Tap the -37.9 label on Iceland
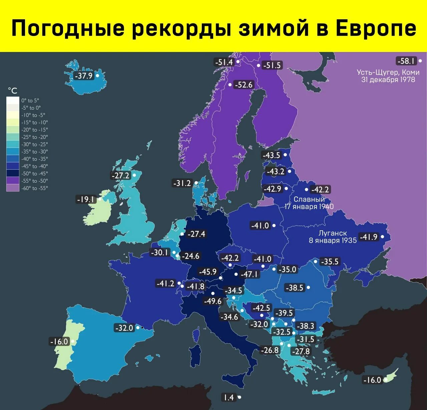(x=84, y=76)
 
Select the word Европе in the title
(x=376, y=28)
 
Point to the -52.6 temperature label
(x=244, y=85)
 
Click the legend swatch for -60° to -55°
(x=13, y=188)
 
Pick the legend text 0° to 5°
(x=30, y=100)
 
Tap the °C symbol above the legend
(x=13, y=91)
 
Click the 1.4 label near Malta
(x=229, y=397)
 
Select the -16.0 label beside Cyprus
(x=372, y=380)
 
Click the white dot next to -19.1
(x=100, y=199)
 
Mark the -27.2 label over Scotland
(x=120, y=175)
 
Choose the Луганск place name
(x=332, y=233)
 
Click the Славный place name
(x=309, y=199)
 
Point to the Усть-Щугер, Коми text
(x=388, y=72)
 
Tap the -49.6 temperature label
(x=213, y=301)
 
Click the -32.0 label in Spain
(x=124, y=328)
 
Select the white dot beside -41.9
(x=383, y=237)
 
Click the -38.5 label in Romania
(x=295, y=287)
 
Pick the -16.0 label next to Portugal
(x=59, y=341)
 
